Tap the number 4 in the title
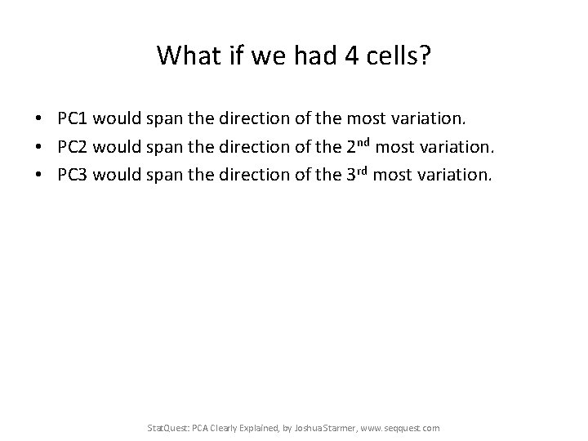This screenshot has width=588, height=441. point(352,56)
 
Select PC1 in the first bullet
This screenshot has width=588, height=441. point(74,120)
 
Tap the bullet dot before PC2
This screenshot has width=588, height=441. point(39,147)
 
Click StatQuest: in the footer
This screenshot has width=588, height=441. point(166,427)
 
